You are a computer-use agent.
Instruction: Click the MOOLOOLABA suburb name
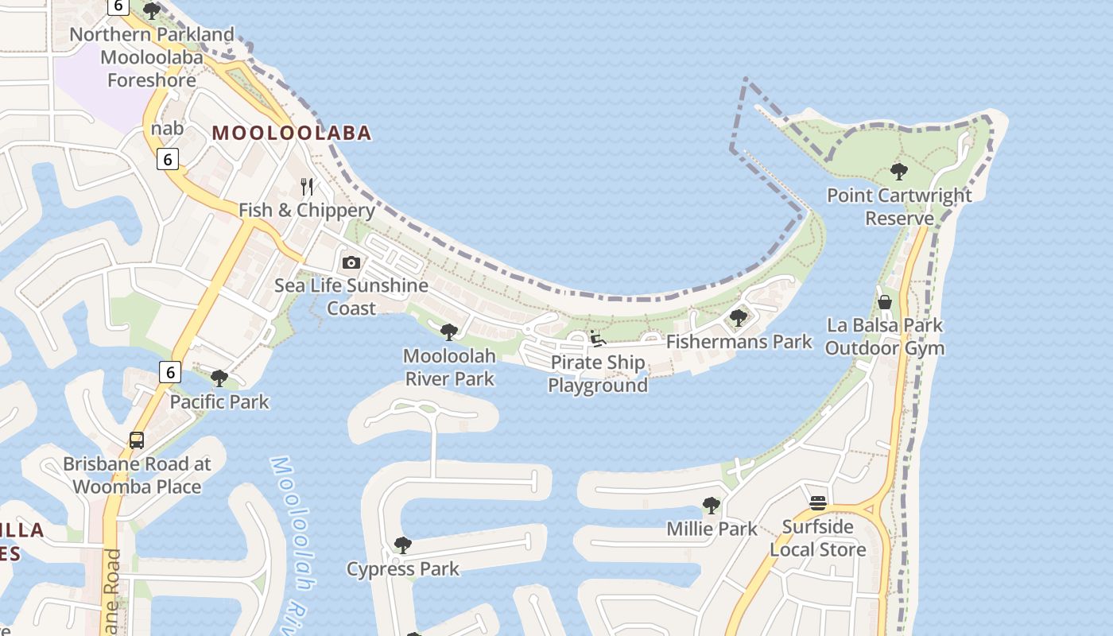click(x=292, y=133)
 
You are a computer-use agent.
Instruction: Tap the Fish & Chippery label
click(x=307, y=210)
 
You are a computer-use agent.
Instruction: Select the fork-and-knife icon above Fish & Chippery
click(x=307, y=187)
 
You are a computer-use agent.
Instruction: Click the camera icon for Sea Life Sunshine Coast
click(x=351, y=262)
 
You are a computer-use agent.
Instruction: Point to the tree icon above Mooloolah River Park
click(x=449, y=332)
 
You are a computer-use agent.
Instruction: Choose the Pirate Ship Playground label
click(x=598, y=374)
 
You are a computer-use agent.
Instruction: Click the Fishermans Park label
click(x=739, y=342)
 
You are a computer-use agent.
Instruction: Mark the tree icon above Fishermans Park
click(x=739, y=318)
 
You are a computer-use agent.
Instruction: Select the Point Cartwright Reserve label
click(x=899, y=207)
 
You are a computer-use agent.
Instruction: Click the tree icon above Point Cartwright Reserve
click(x=899, y=171)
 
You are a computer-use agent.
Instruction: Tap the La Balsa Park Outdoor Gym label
click(x=884, y=336)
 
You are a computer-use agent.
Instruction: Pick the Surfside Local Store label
click(x=817, y=538)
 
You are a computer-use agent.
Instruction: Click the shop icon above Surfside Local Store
click(x=818, y=503)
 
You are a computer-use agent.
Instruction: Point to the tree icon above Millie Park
click(x=712, y=505)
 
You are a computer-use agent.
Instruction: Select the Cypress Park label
click(x=402, y=569)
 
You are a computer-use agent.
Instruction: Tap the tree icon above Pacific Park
click(x=219, y=378)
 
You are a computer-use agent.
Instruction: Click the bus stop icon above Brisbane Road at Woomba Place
click(x=137, y=440)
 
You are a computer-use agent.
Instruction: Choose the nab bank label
click(x=167, y=129)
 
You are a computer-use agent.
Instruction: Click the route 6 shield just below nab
click(x=167, y=159)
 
